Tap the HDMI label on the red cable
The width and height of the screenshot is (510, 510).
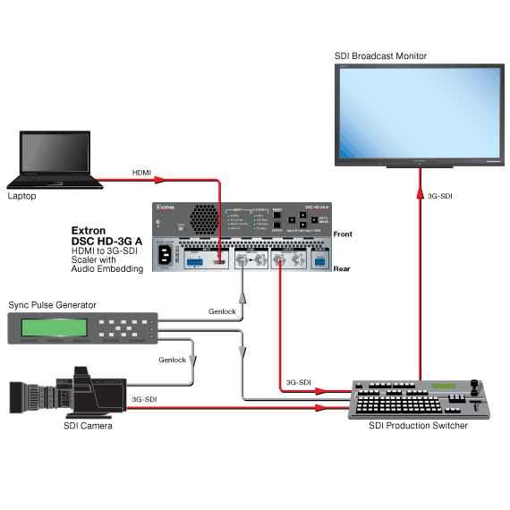(x=142, y=172)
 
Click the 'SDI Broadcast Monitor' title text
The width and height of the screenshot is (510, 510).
(x=380, y=55)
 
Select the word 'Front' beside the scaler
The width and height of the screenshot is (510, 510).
(x=343, y=234)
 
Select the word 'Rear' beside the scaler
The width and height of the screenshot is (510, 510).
(x=342, y=268)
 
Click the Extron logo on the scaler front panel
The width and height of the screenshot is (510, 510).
(x=166, y=208)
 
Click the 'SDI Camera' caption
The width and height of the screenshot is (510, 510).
(x=88, y=426)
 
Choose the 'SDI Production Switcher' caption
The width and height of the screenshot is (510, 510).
(x=418, y=426)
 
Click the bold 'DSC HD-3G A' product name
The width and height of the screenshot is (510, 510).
(x=107, y=241)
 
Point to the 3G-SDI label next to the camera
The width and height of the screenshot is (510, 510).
(x=146, y=399)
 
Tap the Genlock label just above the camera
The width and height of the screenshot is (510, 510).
(x=173, y=359)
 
